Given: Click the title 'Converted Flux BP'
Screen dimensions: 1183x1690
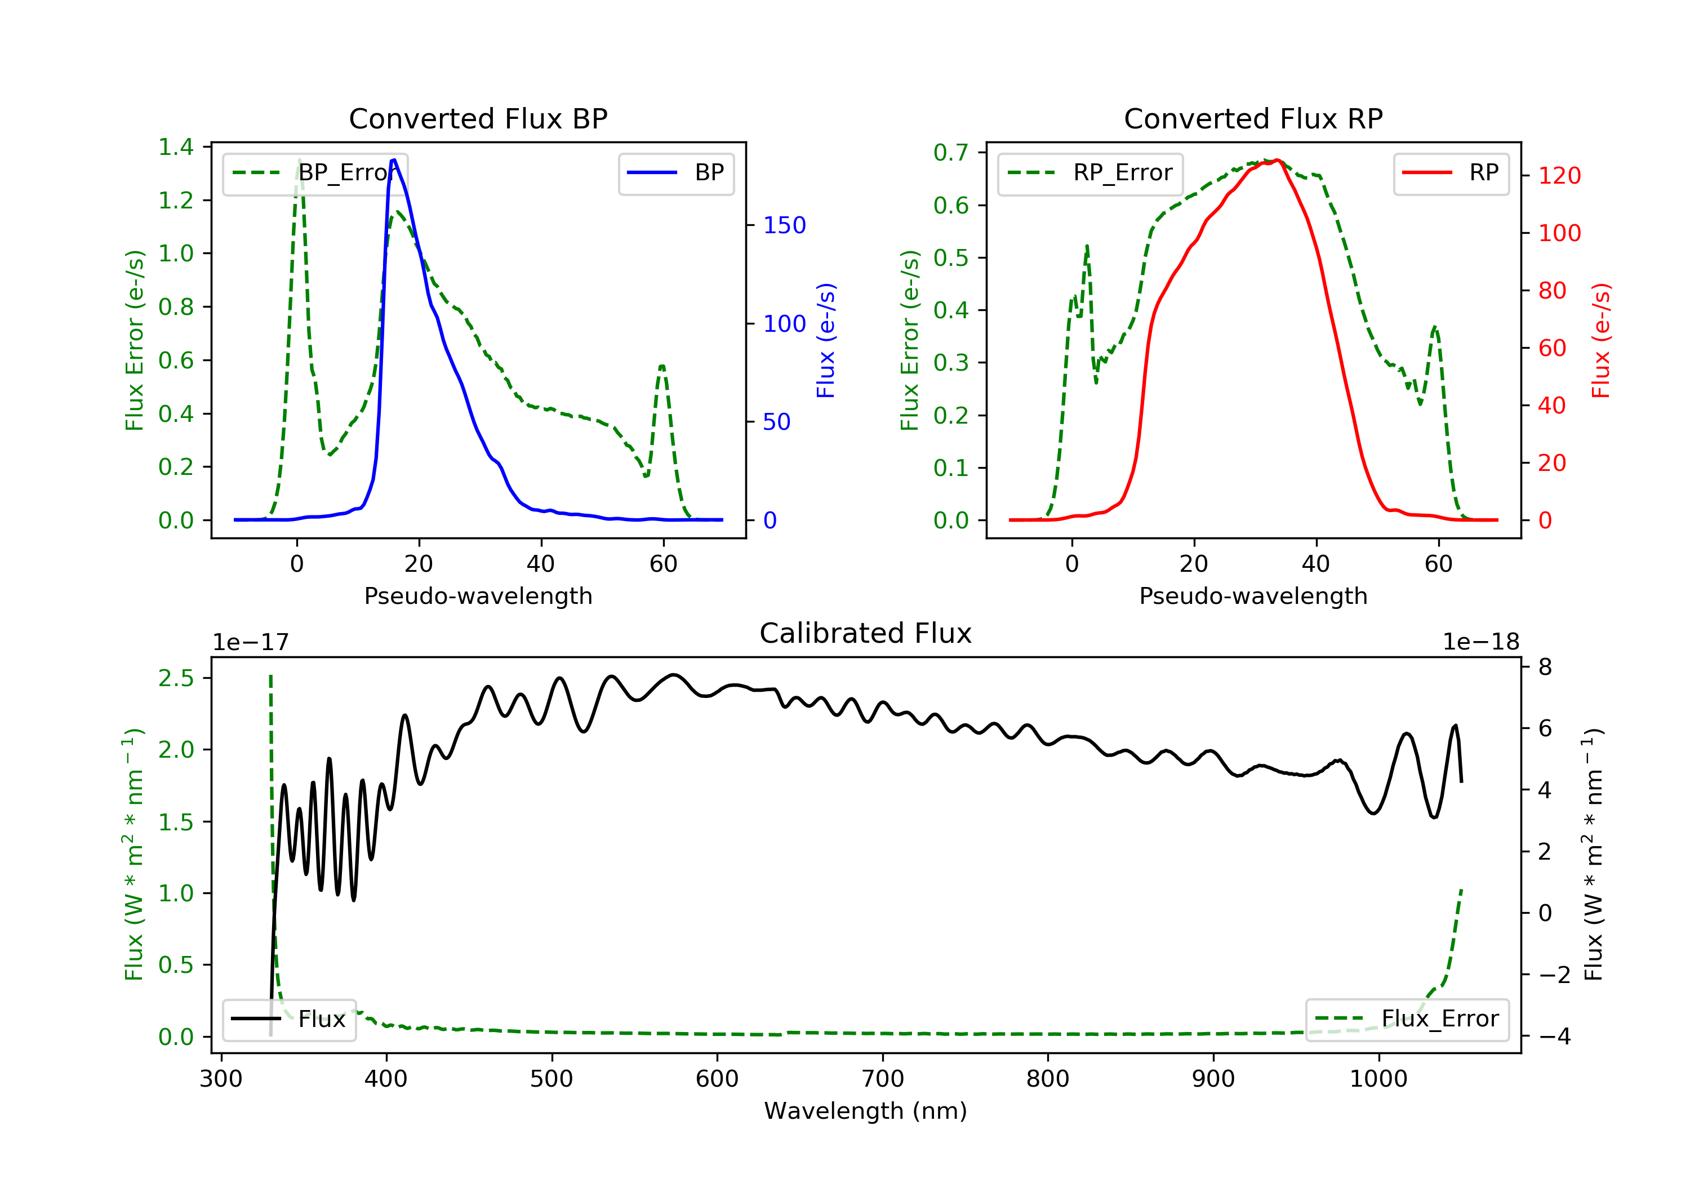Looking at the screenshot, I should click(x=478, y=118).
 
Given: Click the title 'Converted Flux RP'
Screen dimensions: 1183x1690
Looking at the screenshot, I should click(x=1253, y=118).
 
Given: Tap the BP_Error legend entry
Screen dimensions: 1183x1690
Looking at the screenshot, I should click(x=315, y=173).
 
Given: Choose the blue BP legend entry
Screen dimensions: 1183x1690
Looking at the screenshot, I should click(x=675, y=173).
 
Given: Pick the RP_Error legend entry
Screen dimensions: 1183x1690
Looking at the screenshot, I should click(x=1090, y=173).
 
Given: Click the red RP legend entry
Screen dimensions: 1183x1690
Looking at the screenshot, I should click(x=1451, y=173).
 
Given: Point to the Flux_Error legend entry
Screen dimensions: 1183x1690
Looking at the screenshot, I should click(x=1407, y=1019).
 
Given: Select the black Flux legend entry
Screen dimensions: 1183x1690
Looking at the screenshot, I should click(x=288, y=1019).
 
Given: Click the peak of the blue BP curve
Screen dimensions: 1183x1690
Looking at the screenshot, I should click(x=394, y=160).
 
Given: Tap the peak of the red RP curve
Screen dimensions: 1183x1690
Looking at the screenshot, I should click(x=1277, y=161).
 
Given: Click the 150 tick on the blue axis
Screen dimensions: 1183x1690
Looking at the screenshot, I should click(x=784, y=225).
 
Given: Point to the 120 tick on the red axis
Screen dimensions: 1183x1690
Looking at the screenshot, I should click(x=1559, y=176).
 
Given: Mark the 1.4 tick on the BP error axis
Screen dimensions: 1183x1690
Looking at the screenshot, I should click(x=176, y=147).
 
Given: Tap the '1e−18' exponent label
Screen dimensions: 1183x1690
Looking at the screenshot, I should click(x=1480, y=642).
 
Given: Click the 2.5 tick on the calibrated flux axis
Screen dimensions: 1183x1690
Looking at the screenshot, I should click(x=176, y=678).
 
